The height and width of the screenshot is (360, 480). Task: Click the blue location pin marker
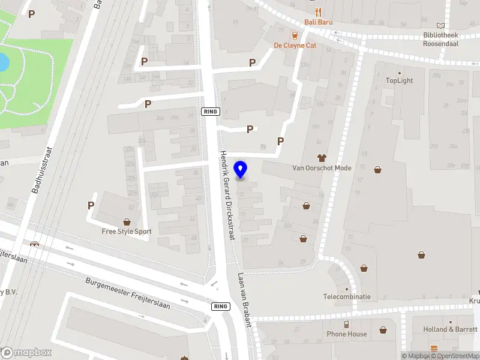[241, 169]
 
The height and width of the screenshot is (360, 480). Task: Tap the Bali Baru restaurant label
[319, 22]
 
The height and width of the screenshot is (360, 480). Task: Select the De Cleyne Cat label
[295, 45]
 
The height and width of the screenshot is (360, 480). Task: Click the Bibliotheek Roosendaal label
[441, 40]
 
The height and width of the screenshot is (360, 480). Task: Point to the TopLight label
[399, 80]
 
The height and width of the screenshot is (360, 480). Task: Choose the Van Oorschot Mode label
[322, 168]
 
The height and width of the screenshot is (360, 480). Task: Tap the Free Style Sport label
[127, 231]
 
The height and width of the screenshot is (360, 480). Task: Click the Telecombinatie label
[347, 296]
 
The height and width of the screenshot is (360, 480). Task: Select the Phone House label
[347, 334]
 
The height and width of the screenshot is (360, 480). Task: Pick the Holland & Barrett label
[451, 329]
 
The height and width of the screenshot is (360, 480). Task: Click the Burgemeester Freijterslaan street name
[127, 293]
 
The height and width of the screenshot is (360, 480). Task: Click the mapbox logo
[26, 352]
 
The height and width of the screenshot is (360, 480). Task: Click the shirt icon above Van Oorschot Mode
[322, 158]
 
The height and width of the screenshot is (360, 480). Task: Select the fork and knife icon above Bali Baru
[319, 12]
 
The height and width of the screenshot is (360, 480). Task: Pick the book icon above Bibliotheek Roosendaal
[442, 26]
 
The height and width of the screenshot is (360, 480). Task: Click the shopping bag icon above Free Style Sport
[127, 221]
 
